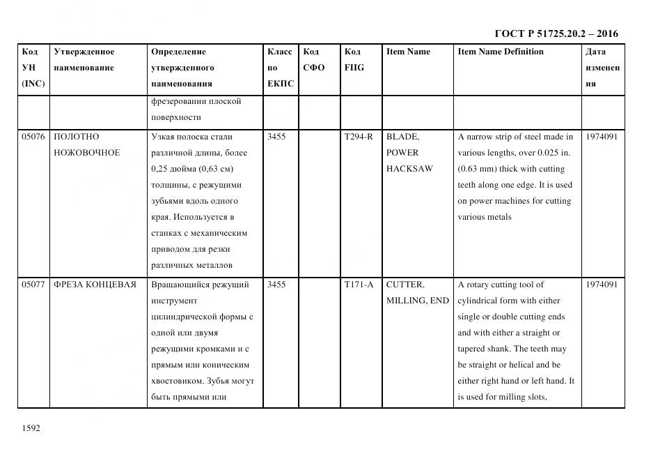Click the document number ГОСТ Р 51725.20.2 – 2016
pos(556,33)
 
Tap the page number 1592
pos(31,428)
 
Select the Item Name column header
pos(408,52)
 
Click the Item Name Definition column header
pos(501,52)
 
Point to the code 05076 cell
pos(33,137)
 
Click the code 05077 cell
pos(33,285)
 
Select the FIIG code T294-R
pos(359,137)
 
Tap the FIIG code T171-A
pos(359,285)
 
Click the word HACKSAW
pos(409,169)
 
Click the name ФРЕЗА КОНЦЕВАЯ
pos(95,285)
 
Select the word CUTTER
pos(405,285)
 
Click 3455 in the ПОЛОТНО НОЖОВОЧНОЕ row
pos(276,137)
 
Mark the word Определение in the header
pos(178,52)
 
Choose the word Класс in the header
pos(280,52)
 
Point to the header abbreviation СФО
pos(314,68)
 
